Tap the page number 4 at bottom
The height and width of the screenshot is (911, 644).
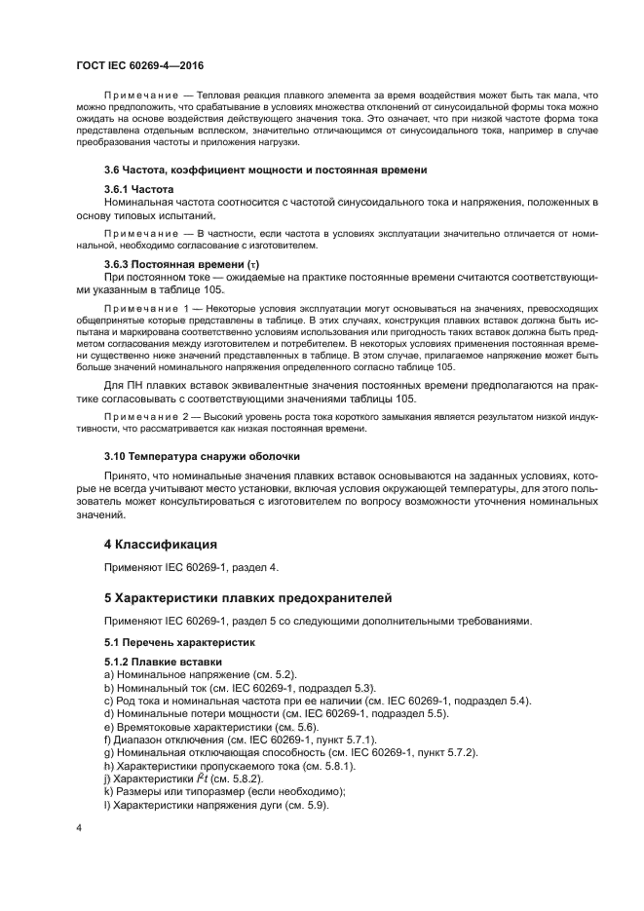click(78, 827)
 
